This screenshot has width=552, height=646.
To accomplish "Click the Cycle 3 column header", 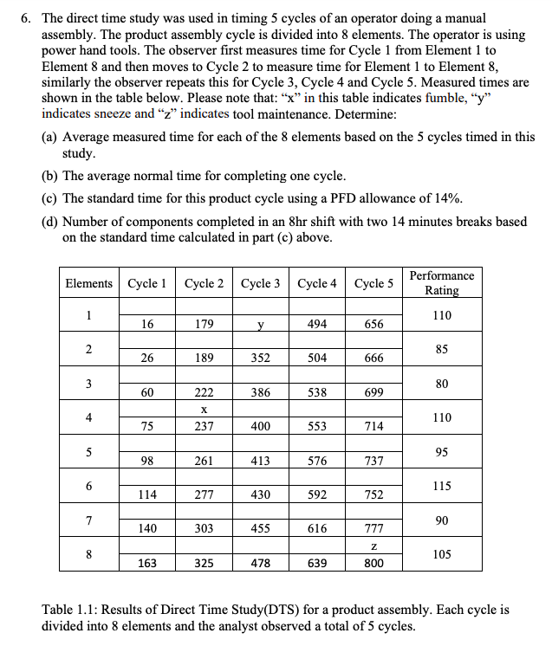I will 261,283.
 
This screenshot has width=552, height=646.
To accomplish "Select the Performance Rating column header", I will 441,283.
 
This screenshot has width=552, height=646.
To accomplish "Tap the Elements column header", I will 88,283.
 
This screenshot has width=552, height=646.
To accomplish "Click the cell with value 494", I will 317,324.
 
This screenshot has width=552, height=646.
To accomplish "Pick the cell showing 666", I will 373,359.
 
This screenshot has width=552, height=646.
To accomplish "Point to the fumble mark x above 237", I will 205,410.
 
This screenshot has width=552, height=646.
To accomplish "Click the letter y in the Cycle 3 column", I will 261,325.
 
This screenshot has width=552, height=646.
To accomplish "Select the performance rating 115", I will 441,487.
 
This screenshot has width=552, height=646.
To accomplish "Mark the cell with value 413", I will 261,461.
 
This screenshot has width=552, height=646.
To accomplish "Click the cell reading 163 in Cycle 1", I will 148,563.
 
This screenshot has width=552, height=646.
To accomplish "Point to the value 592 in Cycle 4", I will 317,495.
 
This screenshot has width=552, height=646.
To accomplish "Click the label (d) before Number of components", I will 51,221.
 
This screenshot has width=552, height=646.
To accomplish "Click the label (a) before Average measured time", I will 51,137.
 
